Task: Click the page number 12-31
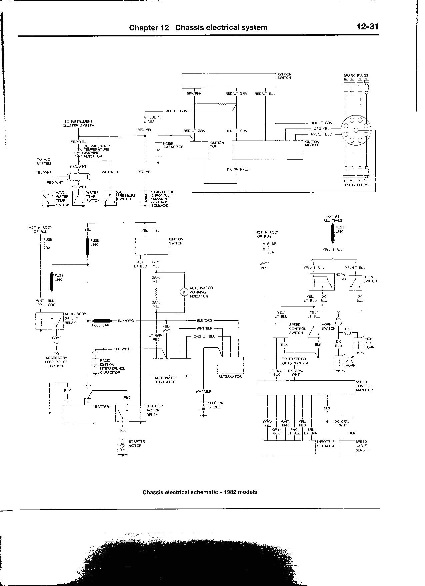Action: coord(368,26)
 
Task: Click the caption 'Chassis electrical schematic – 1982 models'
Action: coord(200,492)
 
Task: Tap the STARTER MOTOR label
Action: coord(136,443)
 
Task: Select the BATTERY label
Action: coord(103,407)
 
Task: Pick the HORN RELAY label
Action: coord(341,277)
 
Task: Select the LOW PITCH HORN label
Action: coord(350,361)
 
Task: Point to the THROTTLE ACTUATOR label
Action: coord(326,444)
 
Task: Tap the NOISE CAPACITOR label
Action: coord(173,145)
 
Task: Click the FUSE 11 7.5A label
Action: coord(154,119)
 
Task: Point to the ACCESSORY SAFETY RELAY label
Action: coord(75,318)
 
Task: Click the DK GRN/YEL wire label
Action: coord(238,169)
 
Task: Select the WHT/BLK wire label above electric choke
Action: coord(203,391)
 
